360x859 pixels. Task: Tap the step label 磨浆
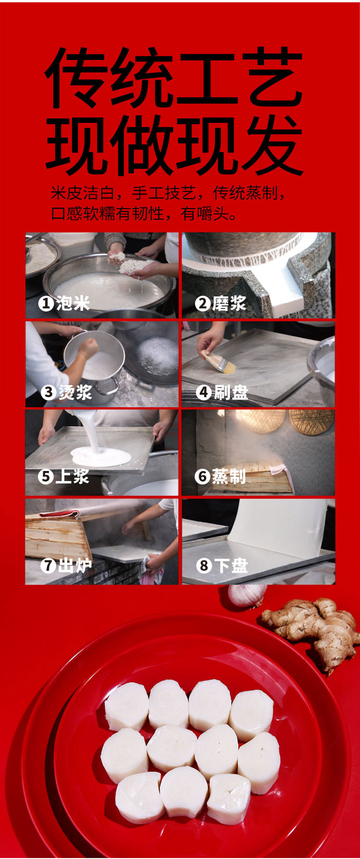[x=229, y=303]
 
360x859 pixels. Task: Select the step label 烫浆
[x=75, y=392]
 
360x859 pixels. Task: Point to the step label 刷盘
[x=231, y=392]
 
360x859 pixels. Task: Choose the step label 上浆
[x=72, y=476]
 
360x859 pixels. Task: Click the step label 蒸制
[x=229, y=476]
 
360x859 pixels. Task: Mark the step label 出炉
[x=75, y=565]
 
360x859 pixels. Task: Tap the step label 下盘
[x=231, y=565]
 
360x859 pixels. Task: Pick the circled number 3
[x=48, y=392]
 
